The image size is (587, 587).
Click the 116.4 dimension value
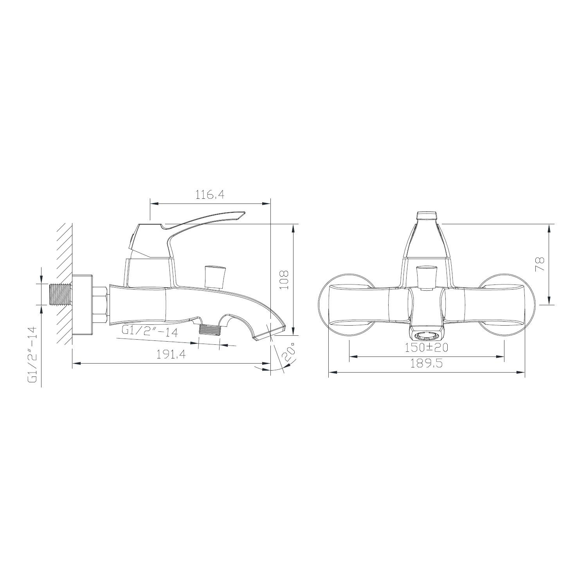(x=210, y=195)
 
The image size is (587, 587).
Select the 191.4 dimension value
(x=171, y=355)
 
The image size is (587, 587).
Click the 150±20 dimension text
(x=427, y=347)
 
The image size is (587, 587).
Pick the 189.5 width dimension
(x=426, y=364)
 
